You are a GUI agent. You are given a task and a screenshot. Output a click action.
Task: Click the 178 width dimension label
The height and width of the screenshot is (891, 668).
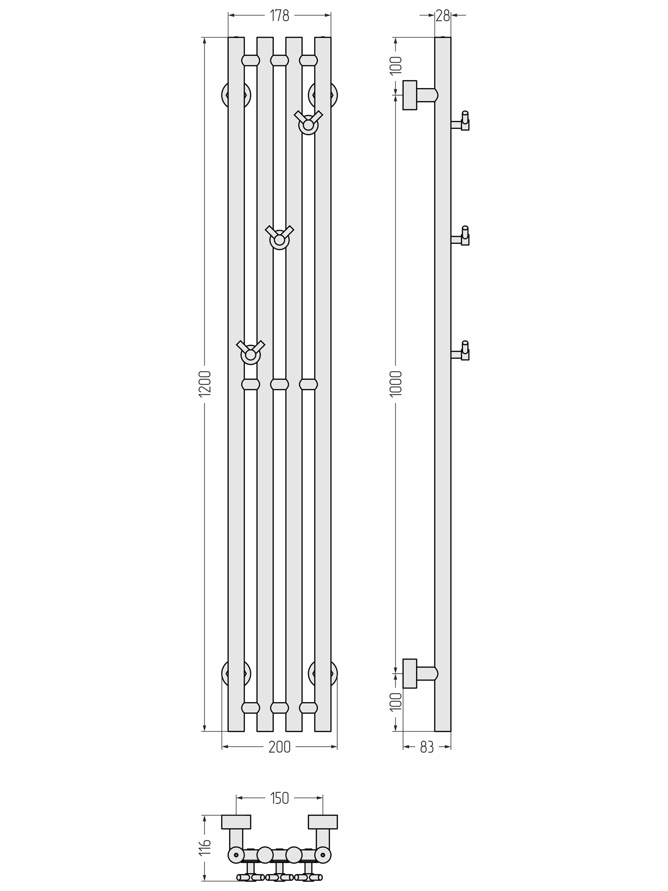click(279, 16)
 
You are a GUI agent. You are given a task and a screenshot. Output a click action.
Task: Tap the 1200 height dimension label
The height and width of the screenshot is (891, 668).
click(205, 383)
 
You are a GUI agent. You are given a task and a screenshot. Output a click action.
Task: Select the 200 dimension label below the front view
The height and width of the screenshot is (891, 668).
click(279, 747)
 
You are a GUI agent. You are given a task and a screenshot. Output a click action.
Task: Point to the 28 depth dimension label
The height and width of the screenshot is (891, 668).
click(443, 16)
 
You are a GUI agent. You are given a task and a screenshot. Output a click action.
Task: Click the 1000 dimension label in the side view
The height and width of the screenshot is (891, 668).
click(396, 383)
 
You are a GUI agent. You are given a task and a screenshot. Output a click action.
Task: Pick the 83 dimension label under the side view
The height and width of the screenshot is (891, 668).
click(427, 747)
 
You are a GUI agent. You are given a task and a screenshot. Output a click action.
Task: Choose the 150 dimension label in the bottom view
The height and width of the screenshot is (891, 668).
click(279, 798)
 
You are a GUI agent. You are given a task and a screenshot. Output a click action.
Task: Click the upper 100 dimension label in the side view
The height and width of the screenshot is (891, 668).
click(396, 65)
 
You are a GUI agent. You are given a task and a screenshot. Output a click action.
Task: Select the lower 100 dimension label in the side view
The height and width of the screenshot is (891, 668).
click(396, 702)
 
